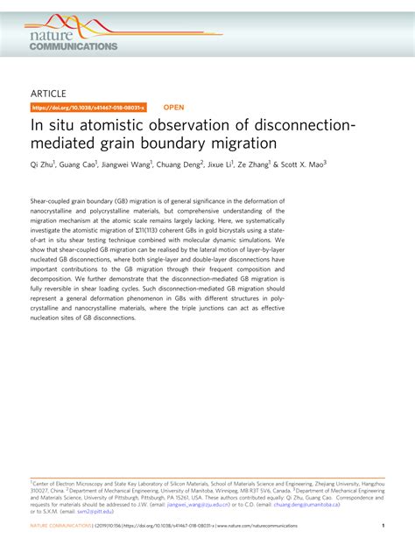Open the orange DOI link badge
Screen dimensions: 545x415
pos(88,108)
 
